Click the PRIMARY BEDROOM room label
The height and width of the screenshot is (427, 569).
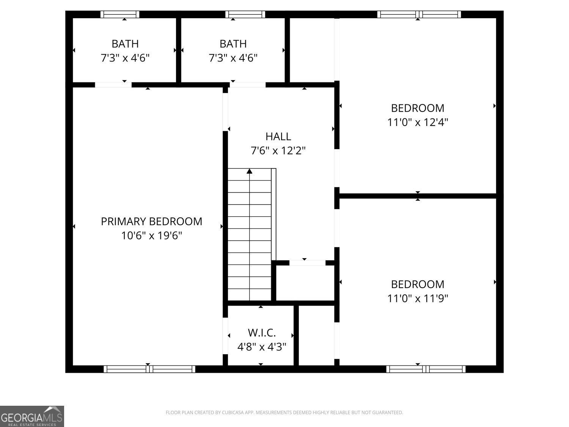click(x=151, y=221)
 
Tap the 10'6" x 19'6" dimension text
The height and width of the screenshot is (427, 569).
click(x=151, y=236)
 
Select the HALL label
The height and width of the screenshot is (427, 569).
click(x=278, y=136)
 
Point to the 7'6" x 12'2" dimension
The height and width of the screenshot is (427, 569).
click(x=278, y=151)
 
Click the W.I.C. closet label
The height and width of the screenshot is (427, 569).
click(x=261, y=333)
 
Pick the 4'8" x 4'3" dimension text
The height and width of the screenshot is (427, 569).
click(x=261, y=347)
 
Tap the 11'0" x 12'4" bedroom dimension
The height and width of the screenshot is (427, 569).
click(x=418, y=122)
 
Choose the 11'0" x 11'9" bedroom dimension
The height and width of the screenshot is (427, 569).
click(x=418, y=298)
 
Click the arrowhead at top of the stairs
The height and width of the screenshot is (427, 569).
click(x=249, y=171)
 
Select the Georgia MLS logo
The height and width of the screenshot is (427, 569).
click(x=32, y=416)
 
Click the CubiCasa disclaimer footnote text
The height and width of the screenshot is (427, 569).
click(x=284, y=413)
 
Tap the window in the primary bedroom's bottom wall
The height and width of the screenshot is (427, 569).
click(x=149, y=369)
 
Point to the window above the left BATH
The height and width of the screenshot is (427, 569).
click(x=120, y=14)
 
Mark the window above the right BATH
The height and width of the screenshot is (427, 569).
click(x=245, y=14)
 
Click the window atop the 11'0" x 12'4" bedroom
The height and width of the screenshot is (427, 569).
click(x=419, y=14)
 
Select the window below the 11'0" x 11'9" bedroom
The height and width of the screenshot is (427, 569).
click(x=426, y=369)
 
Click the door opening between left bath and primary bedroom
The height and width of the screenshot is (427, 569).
click(x=113, y=85)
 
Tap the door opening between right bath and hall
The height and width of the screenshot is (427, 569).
click(x=248, y=85)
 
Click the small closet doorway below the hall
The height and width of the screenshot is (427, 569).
click(x=307, y=263)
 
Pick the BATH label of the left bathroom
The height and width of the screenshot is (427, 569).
click(x=125, y=44)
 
